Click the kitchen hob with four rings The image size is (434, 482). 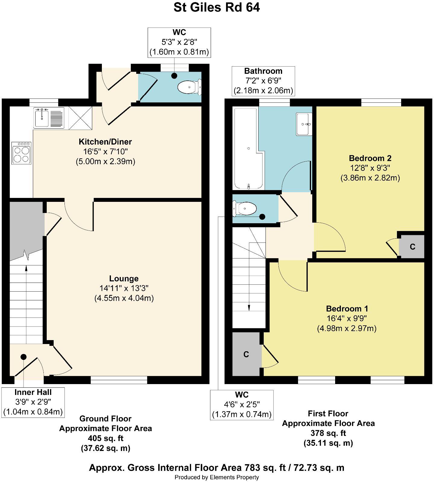21,153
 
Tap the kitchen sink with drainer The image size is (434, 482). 49,118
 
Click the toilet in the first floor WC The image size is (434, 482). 245,209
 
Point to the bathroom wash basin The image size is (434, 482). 304,124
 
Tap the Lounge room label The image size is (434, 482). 124,279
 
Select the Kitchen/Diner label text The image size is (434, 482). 105,142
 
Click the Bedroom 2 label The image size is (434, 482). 370,158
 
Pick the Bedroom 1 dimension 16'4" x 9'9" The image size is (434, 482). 347,318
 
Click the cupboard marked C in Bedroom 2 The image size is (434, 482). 412,247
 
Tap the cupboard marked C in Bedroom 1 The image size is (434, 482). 246,354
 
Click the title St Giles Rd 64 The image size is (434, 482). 217,8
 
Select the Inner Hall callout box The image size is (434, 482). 33,402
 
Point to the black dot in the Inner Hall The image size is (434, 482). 24,357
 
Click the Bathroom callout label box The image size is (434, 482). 263,81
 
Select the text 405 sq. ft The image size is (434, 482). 105,438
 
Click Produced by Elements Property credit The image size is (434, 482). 217,477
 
